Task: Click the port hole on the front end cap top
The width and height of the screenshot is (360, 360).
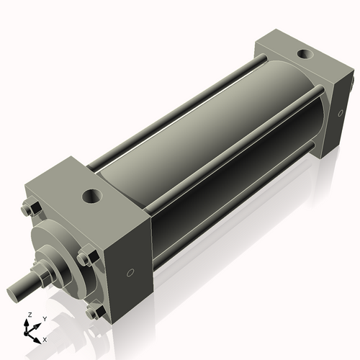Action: pyautogui.click(x=93, y=194)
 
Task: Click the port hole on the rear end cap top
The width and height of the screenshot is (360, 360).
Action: pyautogui.click(x=307, y=53)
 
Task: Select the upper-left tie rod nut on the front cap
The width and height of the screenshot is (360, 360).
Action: pyautogui.click(x=30, y=210)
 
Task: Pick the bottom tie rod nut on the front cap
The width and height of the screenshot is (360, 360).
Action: pyautogui.click(x=92, y=312)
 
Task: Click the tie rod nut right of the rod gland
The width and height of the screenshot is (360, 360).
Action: pyautogui.click(x=86, y=257)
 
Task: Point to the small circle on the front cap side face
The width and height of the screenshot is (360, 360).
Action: pyautogui.click(x=130, y=273)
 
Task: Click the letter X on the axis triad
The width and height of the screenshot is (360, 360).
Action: pyautogui.click(x=45, y=338)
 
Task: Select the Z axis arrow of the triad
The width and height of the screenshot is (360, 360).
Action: pyautogui.click(x=29, y=324)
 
